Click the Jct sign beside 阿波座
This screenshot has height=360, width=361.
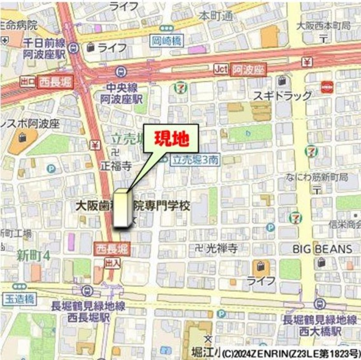click(221, 69)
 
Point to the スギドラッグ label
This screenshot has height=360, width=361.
click(282, 96)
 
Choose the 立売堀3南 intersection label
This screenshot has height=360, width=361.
click(195, 159)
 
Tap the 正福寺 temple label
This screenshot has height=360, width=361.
click(116, 166)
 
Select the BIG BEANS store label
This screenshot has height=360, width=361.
click(322, 249)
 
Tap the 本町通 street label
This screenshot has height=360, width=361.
click(216, 16)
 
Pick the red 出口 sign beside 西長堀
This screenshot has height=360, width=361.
click(28, 82)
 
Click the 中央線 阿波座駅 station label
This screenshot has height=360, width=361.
click(119, 93)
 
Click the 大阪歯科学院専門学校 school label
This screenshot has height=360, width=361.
click(133, 206)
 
